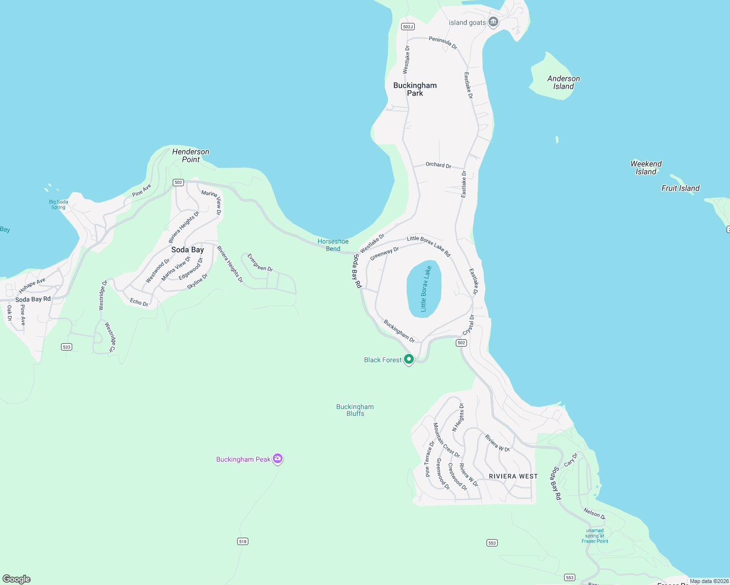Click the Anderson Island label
click(x=564, y=82)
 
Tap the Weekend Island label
click(x=646, y=168)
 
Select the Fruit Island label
click(x=680, y=188)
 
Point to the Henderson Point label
click(x=191, y=156)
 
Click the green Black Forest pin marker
click(x=409, y=359)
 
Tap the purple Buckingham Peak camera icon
click(x=278, y=458)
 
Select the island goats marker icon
click(x=493, y=22)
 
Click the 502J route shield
click(x=408, y=26)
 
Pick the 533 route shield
click(x=67, y=347)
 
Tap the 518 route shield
click(x=243, y=541)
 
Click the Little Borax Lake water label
click(x=426, y=289)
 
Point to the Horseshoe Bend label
click(x=333, y=245)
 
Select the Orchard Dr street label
click(x=438, y=165)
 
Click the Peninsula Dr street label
click(x=443, y=42)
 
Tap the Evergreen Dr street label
click(x=260, y=262)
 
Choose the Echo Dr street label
click(x=139, y=302)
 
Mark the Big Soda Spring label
click(x=59, y=204)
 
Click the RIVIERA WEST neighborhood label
click(x=513, y=476)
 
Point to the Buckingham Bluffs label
click(x=355, y=410)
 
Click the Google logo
click(x=17, y=579)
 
